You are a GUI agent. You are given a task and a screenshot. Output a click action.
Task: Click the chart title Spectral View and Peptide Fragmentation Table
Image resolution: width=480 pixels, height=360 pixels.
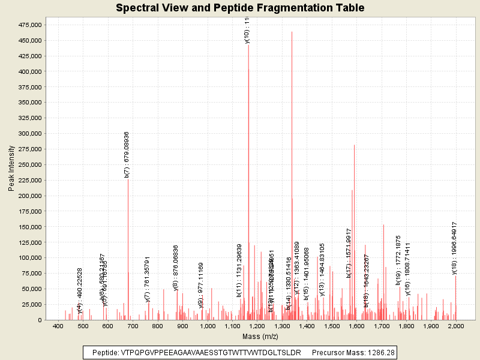pyautogui.click(x=240, y=8)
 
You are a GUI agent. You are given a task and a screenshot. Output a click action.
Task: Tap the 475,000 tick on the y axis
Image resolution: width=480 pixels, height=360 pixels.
pyautogui.click(x=28, y=25)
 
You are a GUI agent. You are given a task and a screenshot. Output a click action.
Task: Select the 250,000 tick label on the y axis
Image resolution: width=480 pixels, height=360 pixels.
pyautogui.click(x=28, y=164)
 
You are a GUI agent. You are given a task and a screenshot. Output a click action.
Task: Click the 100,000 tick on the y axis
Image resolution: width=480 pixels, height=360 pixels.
pyautogui.click(x=28, y=257)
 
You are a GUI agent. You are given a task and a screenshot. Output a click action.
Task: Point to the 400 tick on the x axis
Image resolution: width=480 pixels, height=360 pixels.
pyautogui.click(x=58, y=326)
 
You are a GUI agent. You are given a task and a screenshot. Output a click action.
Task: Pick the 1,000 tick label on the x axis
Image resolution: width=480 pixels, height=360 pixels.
pyautogui.click(x=208, y=326)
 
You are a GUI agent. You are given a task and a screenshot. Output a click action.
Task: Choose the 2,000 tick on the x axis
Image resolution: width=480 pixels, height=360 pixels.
pyautogui.click(x=455, y=326)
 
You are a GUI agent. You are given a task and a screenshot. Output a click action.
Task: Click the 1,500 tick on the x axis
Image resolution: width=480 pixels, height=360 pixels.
pyautogui.click(x=332, y=326)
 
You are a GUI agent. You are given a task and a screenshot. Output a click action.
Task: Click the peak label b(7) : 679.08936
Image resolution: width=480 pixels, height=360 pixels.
pyautogui.click(x=127, y=154)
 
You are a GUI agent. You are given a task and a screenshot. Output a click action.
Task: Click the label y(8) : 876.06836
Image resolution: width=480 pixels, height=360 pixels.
pyautogui.click(x=176, y=268)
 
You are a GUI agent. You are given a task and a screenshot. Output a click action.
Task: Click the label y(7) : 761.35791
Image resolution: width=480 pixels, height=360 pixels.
pyautogui.click(x=148, y=279)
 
